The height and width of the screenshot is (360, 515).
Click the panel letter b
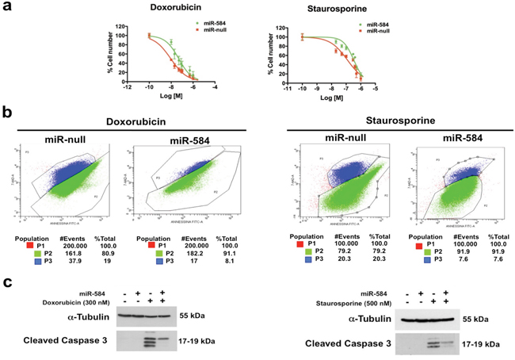point(7,114)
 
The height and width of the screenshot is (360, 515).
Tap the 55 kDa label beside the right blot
point(479,320)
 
